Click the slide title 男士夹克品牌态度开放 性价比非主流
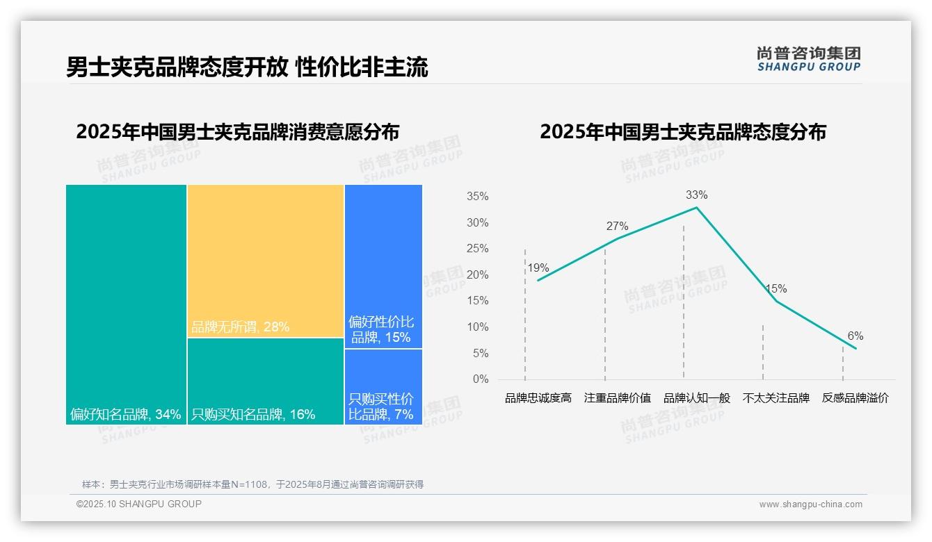tap(247, 67)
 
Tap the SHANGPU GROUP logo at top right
tap(808, 59)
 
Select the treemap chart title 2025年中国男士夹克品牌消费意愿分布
tap(238, 132)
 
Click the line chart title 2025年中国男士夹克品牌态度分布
tap(682, 132)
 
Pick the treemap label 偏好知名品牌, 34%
tap(125, 415)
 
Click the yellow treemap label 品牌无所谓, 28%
tap(240, 327)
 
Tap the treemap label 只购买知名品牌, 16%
tap(253, 415)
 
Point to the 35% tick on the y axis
tap(477, 197)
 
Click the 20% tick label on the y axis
tap(477, 275)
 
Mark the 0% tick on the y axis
tap(480, 379)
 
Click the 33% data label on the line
tap(696, 195)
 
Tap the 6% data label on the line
tap(855, 336)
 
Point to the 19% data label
tap(538, 268)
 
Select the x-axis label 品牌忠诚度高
tap(538, 398)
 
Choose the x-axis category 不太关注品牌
tap(776, 398)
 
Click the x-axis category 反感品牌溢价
tap(855, 398)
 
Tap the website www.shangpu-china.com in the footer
tap(810, 504)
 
